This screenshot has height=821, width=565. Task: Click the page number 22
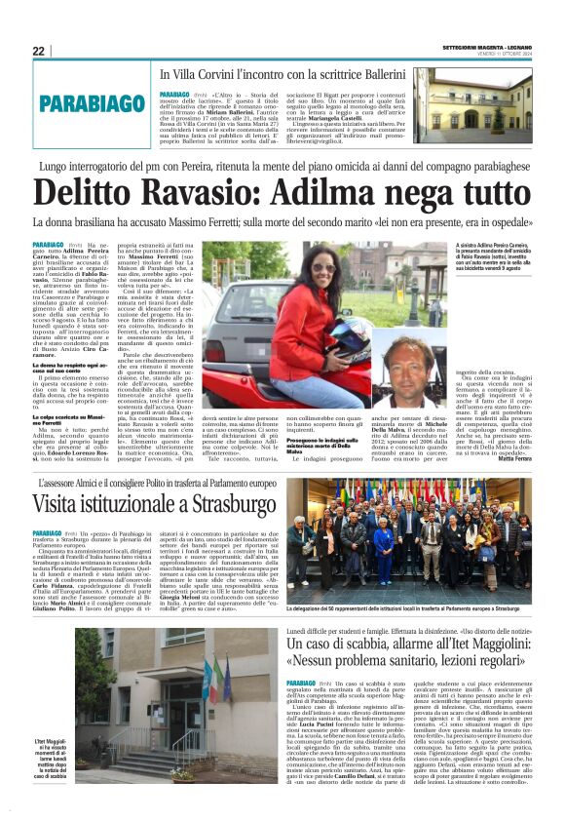click(x=38, y=52)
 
